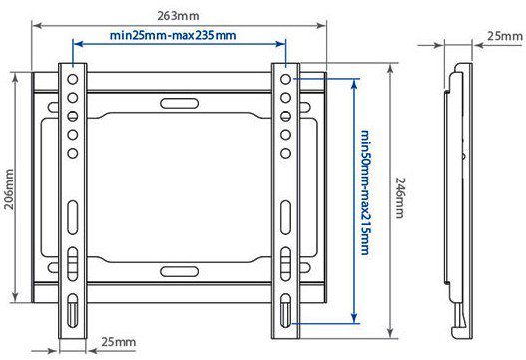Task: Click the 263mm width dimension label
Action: pos(178,16)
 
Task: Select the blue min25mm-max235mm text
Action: pos(173,35)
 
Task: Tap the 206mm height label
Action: pos(9,189)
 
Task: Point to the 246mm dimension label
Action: pos(400,198)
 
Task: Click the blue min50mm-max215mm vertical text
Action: pos(365,192)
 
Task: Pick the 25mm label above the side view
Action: pos(505,36)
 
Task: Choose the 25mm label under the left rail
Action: pos(119,342)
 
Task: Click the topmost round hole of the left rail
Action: pos(73,79)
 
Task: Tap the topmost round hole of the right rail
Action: pos(285,79)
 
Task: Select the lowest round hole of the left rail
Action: pos(73,153)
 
